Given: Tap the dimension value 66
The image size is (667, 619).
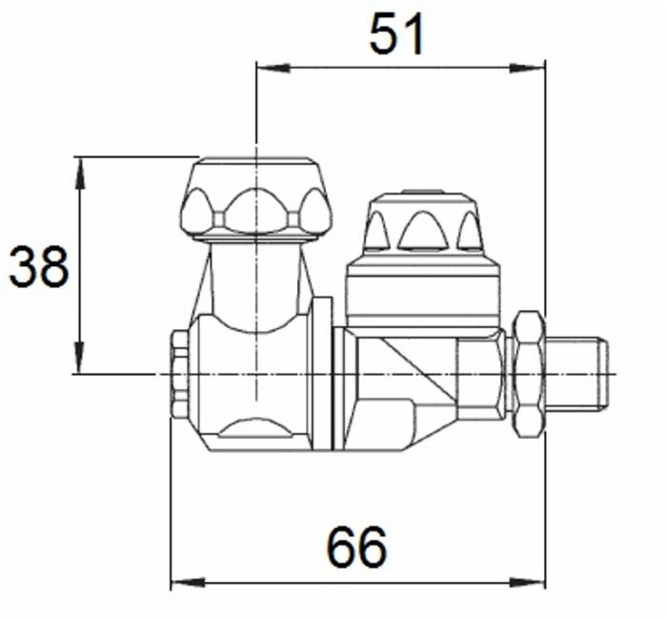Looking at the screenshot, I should pos(357,547).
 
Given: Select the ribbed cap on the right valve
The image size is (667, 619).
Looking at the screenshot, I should pos(421,224).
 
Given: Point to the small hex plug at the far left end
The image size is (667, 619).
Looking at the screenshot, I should pos(179,375).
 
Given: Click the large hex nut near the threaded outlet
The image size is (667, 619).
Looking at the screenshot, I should pos(527,374).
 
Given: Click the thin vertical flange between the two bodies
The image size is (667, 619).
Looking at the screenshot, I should pos(323,372).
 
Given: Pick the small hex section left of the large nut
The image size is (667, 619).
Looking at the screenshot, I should pos(481,377).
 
